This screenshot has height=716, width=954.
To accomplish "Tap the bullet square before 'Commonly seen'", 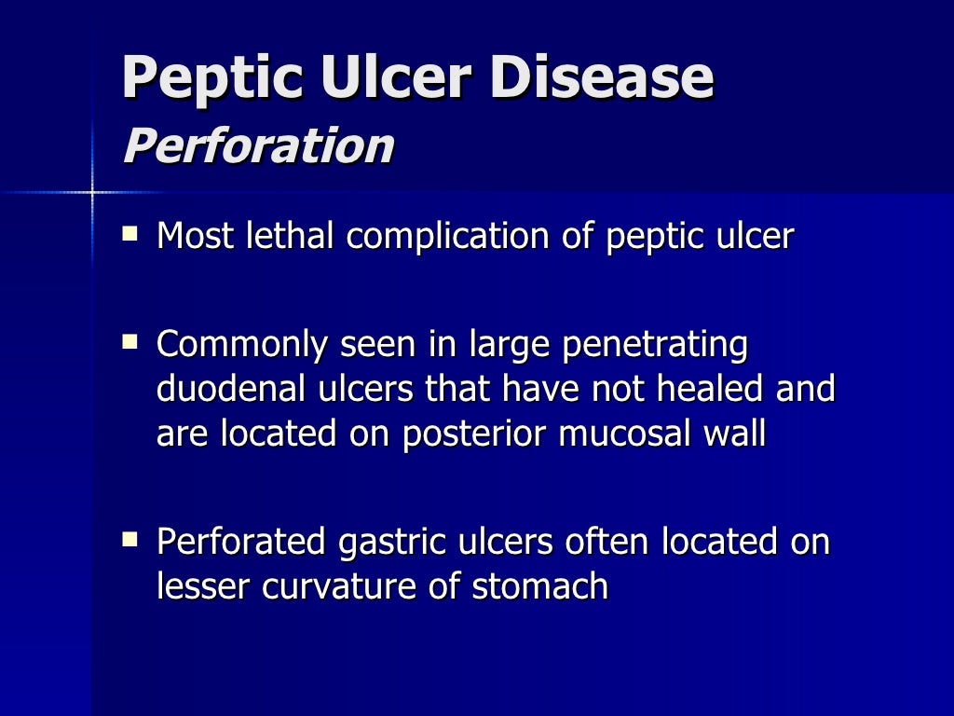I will tap(129, 343).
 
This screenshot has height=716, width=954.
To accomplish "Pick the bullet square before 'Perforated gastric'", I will tap(129, 538).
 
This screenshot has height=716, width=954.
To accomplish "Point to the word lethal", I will tap(289, 237).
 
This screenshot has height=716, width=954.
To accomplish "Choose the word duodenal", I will tap(223, 389).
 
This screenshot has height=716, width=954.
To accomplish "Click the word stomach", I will tap(540, 586).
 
